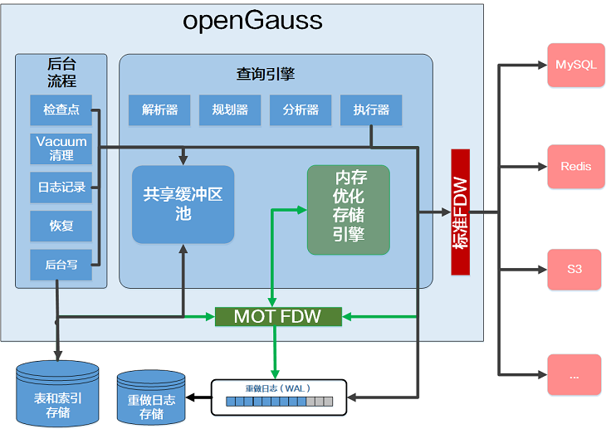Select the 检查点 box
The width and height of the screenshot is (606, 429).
point(61,110)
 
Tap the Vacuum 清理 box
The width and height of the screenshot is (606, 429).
point(61,149)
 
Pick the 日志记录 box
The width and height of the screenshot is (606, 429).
point(61,188)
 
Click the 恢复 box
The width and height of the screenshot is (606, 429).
point(61,226)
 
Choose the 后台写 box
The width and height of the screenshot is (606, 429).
point(61,265)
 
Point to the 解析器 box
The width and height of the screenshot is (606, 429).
point(159,110)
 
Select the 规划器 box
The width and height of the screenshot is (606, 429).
point(230,110)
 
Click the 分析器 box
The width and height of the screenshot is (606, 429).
point(301,110)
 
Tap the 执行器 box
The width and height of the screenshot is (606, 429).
point(371,110)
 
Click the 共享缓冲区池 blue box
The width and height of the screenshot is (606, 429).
point(183,204)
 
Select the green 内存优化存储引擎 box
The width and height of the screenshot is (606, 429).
point(349,209)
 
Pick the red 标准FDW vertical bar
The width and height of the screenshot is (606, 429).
point(460,212)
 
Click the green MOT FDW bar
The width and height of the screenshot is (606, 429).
point(278,316)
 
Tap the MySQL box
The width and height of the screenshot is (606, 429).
point(574,65)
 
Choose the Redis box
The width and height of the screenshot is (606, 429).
point(574,166)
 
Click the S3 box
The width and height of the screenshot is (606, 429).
point(574,270)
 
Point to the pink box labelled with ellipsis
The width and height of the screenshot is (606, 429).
point(574,375)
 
